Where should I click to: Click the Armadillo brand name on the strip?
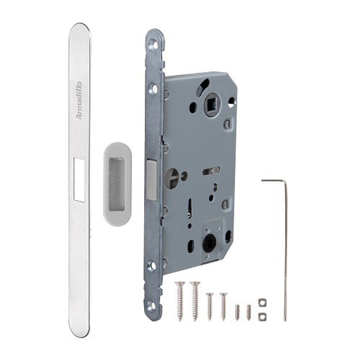point(79,101)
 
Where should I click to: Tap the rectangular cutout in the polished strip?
point(79,179)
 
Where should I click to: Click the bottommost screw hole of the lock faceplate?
point(152,306)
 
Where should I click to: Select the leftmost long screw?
point(180,300)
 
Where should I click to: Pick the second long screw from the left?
point(195,300)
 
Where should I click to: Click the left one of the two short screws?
point(210,306)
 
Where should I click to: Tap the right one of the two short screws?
point(224,306)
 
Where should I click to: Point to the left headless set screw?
point(237,312)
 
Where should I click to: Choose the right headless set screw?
point(248,312)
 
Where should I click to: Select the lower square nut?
point(262,316)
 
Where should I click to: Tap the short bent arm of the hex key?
point(274,180)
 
